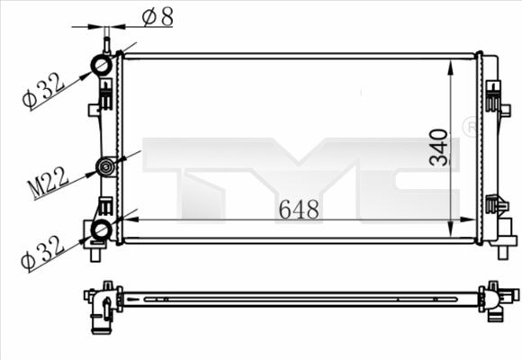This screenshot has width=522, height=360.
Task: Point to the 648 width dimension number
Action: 299,210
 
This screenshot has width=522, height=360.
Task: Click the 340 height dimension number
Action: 439,147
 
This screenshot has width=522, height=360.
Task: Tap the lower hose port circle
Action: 101,230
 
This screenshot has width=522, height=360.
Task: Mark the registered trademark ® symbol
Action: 469,128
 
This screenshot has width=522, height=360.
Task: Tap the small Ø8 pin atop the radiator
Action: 106,40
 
